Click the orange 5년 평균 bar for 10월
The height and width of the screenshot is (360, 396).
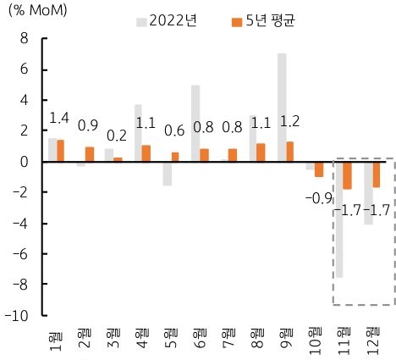point(319,169)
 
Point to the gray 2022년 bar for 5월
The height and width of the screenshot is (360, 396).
point(166,173)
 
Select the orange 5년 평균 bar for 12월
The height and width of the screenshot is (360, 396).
point(377,174)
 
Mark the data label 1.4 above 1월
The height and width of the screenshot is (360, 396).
point(59,119)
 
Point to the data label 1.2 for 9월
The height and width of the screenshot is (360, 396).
point(289,120)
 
